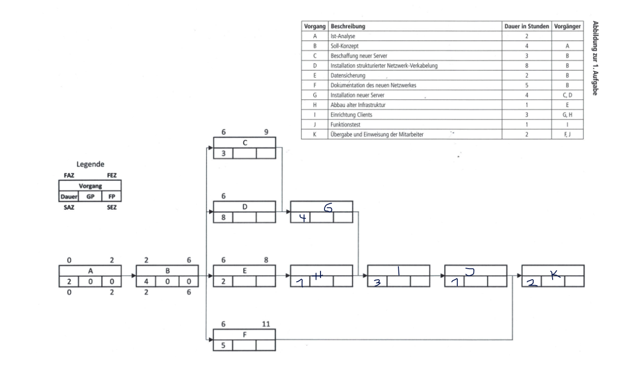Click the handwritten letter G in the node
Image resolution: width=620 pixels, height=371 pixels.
coord(327,207)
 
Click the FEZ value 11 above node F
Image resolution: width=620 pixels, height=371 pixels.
coord(266,324)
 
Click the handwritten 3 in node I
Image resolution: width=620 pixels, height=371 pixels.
coord(377,283)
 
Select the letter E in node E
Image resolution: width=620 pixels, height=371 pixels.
coord(244,270)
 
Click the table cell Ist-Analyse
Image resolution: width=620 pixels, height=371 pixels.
coord(341,36)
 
